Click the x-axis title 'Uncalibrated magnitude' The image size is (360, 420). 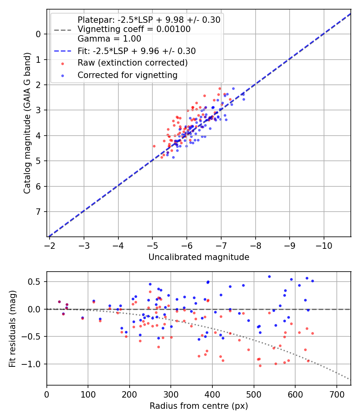tap(199, 257)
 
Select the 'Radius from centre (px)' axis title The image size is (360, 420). tap(199, 406)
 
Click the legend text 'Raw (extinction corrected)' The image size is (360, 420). tap(132, 63)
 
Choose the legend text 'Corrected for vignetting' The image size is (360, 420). tap(128, 75)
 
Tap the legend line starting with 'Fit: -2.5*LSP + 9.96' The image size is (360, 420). tap(136, 51)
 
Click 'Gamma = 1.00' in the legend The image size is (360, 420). tap(109, 39)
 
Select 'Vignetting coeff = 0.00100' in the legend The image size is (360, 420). tap(134, 29)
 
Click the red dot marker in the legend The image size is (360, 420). tap(62, 63)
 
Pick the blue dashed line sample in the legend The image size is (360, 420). tap(62, 51)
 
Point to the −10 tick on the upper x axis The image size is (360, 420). tap(324, 245)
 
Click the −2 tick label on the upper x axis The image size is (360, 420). tap(49, 245)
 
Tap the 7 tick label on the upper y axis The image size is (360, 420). tap(38, 212)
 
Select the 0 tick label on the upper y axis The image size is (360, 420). tap(38, 34)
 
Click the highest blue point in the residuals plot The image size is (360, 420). tap(269, 276)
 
